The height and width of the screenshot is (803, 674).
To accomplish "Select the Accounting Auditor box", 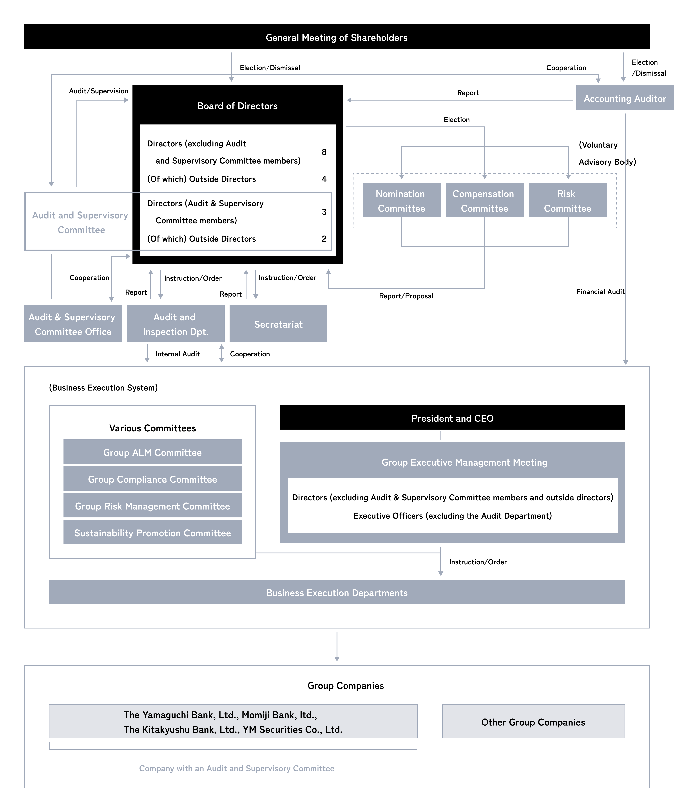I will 625,98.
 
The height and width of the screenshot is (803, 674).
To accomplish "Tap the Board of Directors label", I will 237,106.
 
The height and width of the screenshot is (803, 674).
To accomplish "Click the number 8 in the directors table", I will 324,152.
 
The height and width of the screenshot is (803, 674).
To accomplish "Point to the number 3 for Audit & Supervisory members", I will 324,212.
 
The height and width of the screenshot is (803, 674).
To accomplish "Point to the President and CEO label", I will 452,418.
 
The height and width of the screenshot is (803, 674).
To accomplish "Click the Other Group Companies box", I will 533,722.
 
